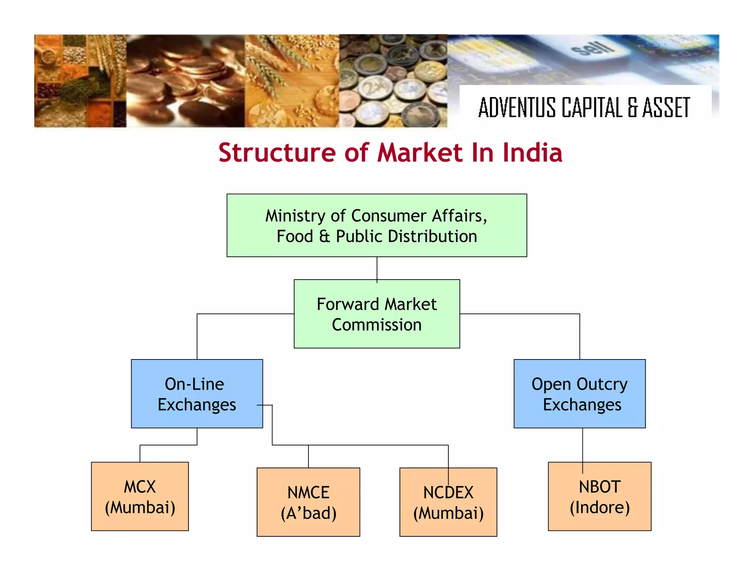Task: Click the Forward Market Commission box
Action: click(377, 314)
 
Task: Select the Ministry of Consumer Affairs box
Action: click(377, 225)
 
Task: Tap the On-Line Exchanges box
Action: click(197, 394)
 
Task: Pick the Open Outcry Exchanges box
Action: click(579, 394)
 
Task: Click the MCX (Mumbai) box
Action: click(140, 496)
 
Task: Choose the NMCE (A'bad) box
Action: click(308, 502)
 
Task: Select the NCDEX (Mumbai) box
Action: click(448, 502)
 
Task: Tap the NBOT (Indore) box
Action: click(599, 496)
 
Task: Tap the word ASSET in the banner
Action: click(666, 107)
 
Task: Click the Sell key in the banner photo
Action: click(593, 48)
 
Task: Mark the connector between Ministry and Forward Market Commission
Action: click(377, 268)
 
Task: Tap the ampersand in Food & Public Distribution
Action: click(324, 236)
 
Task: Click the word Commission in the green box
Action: click(377, 325)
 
